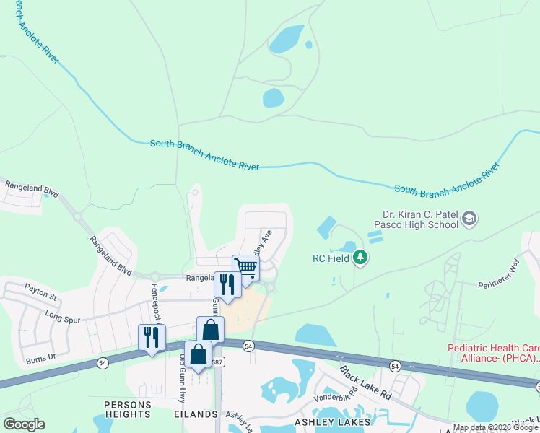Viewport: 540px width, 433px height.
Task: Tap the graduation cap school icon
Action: pyautogui.click(x=469, y=217)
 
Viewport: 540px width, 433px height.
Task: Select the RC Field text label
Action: pyautogui.click(x=331, y=258)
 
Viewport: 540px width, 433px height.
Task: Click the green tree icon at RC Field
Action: pyautogui.click(x=360, y=257)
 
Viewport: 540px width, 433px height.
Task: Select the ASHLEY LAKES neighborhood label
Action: pyautogui.click(x=328, y=420)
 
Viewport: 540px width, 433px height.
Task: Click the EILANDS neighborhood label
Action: pyautogui.click(x=196, y=414)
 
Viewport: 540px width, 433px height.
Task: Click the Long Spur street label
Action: pyautogui.click(x=61, y=315)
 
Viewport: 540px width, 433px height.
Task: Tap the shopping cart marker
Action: pyautogui.click(x=245, y=268)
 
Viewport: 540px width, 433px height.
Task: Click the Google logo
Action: pyautogui.click(x=24, y=424)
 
